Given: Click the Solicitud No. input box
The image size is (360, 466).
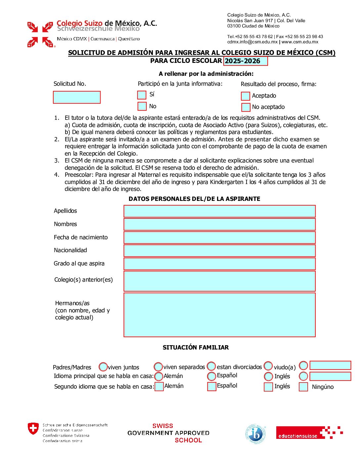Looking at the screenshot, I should click(x=77, y=97).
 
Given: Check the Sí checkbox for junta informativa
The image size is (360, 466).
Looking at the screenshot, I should click(x=142, y=95).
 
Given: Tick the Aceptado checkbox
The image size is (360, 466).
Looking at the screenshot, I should click(x=246, y=96).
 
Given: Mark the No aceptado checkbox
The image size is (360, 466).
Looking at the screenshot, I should click(x=246, y=107).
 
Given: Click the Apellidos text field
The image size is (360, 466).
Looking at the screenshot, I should click(x=219, y=211).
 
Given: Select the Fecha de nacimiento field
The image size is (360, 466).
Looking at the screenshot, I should click(x=219, y=237).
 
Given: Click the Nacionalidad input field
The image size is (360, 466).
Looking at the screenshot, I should click(x=219, y=251).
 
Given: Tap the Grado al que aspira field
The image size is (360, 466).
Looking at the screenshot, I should click(x=219, y=264).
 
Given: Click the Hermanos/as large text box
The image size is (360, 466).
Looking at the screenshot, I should click(x=219, y=315).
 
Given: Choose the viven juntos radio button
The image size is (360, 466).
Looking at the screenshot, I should click(x=103, y=367).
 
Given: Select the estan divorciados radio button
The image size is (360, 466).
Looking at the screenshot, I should click(x=211, y=366).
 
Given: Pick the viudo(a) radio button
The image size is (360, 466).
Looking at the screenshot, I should click(x=268, y=366).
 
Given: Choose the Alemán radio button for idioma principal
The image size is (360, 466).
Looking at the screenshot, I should click(x=159, y=376).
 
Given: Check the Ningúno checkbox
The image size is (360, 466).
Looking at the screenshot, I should click(x=303, y=387).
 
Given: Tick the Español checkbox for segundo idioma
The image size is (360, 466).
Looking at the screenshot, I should click(x=212, y=386).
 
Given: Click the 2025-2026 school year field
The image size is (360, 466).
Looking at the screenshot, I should click(x=246, y=61).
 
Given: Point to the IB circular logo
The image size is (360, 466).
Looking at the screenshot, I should click(x=255, y=434).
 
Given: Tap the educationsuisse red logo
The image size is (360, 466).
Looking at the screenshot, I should click(x=309, y=433).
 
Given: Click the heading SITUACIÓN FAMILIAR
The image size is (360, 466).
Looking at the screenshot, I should click(x=196, y=348).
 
